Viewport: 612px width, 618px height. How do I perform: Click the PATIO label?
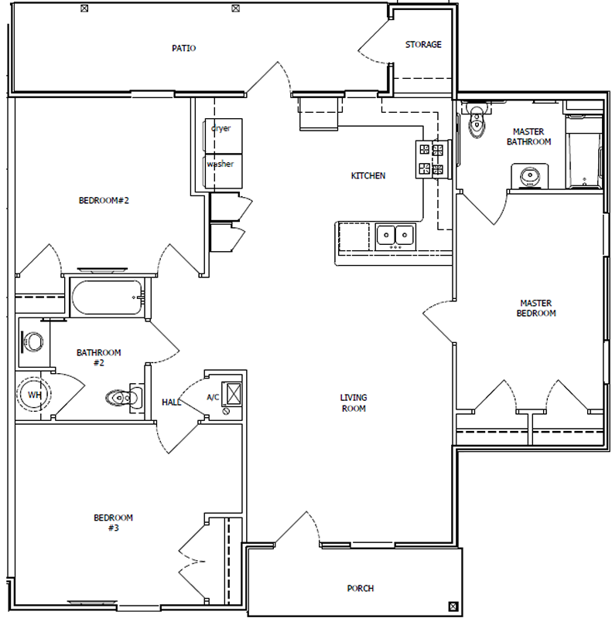click(x=183, y=48)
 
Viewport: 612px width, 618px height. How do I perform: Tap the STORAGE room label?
click(x=423, y=45)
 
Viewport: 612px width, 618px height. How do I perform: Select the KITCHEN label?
click(x=368, y=176)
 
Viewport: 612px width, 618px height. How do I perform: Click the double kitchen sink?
click(x=395, y=236)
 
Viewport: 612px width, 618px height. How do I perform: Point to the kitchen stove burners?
click(x=432, y=160)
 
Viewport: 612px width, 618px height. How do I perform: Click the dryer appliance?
click(x=222, y=135)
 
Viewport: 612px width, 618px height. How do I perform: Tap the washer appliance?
click(x=222, y=171)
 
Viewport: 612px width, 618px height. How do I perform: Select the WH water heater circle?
click(x=34, y=394)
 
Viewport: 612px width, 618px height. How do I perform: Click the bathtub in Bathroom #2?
click(x=107, y=297)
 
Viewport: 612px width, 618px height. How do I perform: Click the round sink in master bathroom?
click(x=529, y=176)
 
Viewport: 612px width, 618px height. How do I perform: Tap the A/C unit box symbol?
click(x=232, y=393)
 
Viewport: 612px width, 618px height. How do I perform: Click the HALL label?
click(x=171, y=402)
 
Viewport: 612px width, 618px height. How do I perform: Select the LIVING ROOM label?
click(x=354, y=402)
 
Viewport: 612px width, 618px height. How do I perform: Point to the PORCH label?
click(x=360, y=589)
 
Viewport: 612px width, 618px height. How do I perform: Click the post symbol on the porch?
click(x=453, y=606)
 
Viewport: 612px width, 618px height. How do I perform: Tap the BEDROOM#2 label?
click(x=104, y=201)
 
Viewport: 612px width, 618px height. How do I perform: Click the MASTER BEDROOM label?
click(x=536, y=308)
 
